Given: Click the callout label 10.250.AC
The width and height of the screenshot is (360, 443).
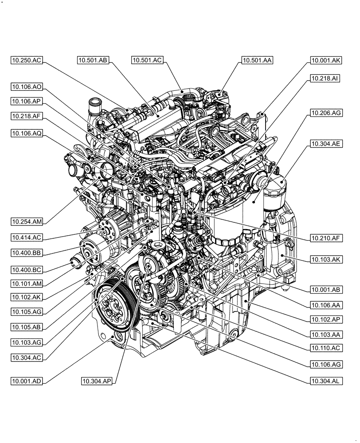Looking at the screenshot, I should pos(27,61).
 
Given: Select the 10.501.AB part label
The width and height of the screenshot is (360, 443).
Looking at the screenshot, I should pos(93,61).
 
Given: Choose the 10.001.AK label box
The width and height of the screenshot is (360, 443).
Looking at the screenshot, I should pos(325,61).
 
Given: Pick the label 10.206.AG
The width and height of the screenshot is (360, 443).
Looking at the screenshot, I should pos(325,113).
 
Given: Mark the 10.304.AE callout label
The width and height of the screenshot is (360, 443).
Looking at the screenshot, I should pos(325,144).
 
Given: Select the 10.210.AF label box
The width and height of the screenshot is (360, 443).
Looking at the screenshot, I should pos(325,238).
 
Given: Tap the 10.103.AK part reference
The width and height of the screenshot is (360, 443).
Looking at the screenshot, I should pos(325,260).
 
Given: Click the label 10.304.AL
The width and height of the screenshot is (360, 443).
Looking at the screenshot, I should pos(325,381).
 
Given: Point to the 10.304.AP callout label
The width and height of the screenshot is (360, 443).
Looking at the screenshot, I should pos(97,381).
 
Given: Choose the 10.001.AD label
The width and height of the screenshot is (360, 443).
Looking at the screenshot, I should pos(27,381).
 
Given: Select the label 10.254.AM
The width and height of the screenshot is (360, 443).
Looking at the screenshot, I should pos(27,221).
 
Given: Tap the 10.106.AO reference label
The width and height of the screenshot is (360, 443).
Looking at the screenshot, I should pos(27,87).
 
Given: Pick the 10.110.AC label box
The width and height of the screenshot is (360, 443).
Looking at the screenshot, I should pos(325,348).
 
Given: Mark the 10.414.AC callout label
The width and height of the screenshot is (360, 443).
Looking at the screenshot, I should pos(27,237).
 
